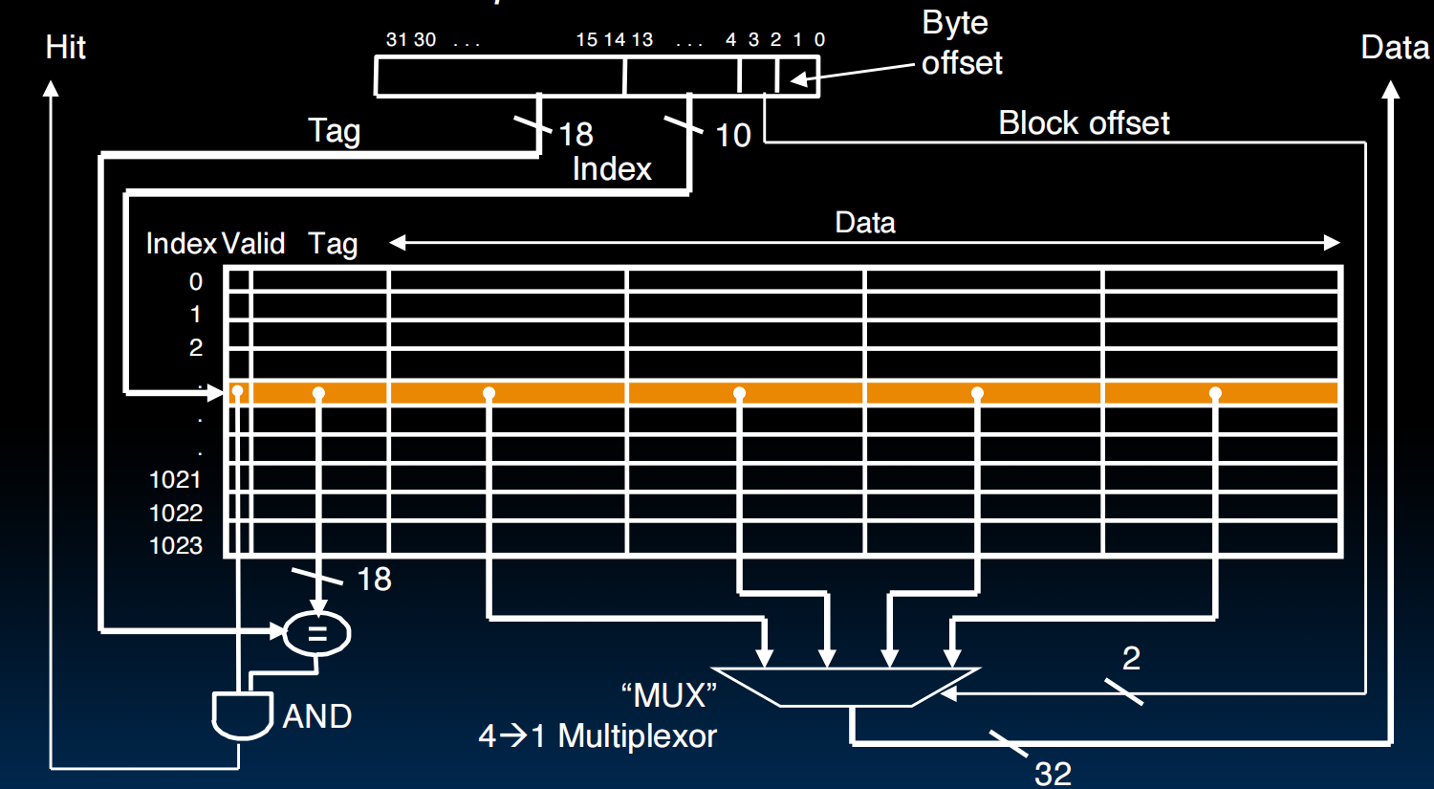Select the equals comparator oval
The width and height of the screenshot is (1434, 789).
(x=317, y=633)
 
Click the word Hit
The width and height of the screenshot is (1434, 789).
(x=65, y=48)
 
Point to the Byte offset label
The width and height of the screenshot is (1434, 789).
(x=961, y=43)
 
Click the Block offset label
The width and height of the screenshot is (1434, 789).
(x=1083, y=123)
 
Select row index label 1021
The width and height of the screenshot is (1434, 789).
(x=176, y=480)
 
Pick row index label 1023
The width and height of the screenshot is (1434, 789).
(x=176, y=546)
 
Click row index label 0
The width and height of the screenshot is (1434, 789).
(x=196, y=282)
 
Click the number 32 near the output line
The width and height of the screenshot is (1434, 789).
(x=1053, y=773)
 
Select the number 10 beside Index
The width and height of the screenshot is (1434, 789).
(x=733, y=136)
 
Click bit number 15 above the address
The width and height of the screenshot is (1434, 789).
(x=586, y=39)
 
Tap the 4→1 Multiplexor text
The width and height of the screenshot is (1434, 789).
(x=597, y=735)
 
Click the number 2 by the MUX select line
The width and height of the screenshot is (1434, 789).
(x=1131, y=658)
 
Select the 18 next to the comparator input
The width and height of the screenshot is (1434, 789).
(x=374, y=579)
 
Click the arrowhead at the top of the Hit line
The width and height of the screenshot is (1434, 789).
(x=51, y=89)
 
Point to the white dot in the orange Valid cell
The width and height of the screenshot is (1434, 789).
(x=237, y=392)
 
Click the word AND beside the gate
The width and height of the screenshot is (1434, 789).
(x=317, y=716)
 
